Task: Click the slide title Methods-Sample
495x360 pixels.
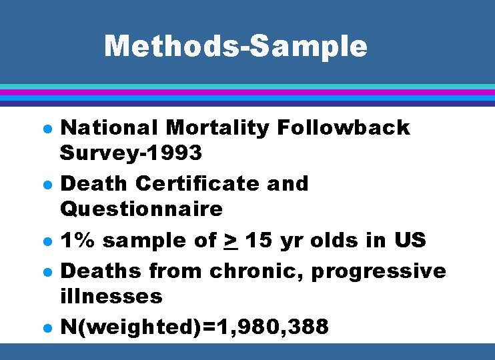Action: click(235, 46)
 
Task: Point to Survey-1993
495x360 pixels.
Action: click(131, 153)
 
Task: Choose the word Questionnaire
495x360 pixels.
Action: click(141, 209)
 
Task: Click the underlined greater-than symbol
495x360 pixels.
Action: click(231, 239)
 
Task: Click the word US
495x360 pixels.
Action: click(409, 239)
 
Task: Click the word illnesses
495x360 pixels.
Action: click(111, 295)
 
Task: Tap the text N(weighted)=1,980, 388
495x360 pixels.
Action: click(194, 327)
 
